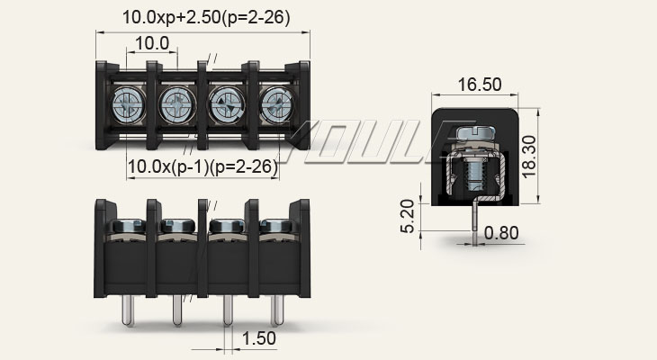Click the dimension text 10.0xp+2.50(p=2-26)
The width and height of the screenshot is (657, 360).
click(x=206, y=18)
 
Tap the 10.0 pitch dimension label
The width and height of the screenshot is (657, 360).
click(x=152, y=43)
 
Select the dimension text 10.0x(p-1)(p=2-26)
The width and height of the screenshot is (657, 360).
click(x=202, y=166)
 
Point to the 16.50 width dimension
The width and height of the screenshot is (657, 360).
click(x=479, y=85)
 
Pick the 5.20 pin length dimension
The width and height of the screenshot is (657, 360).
click(x=409, y=216)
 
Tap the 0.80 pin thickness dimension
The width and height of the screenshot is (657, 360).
click(x=501, y=233)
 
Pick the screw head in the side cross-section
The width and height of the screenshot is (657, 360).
click(x=478, y=135)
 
